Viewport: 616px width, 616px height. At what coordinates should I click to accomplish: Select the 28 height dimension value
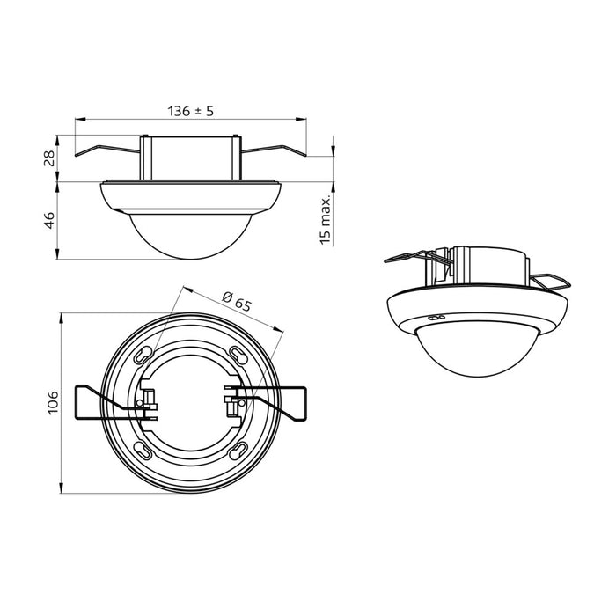click(x=50, y=158)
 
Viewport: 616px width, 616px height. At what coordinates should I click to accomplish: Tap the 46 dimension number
click(x=50, y=220)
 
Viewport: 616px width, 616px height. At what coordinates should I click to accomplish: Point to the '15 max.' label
click(x=325, y=223)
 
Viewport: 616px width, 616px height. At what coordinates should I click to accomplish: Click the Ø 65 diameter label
click(x=237, y=301)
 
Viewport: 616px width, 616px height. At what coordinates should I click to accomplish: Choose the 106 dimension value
click(x=53, y=403)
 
